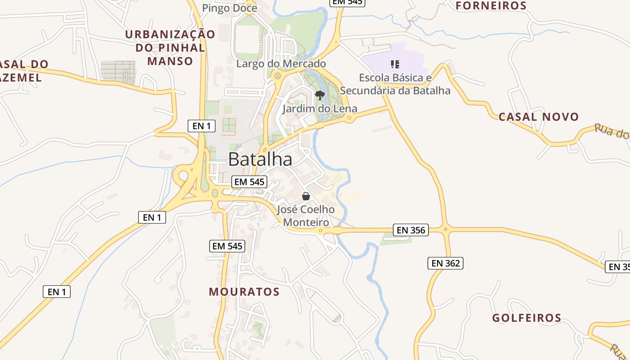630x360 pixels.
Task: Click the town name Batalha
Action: point(260,159)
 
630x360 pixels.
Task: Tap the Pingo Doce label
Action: point(229,8)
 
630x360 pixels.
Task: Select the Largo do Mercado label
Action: point(281,63)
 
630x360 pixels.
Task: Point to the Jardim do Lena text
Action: point(319,108)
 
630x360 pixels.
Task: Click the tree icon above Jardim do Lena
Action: point(320,95)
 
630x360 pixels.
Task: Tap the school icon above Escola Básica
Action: point(395,64)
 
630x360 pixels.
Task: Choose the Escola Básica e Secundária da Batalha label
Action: point(395,84)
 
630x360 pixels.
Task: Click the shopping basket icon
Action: point(306,196)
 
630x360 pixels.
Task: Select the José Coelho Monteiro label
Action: point(306,216)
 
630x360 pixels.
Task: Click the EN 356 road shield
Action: point(411,230)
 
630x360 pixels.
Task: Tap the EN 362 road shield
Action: point(445,263)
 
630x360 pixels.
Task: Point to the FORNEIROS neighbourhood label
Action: point(491,6)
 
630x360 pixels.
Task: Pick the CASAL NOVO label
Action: point(539,117)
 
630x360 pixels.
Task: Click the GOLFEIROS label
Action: point(526,318)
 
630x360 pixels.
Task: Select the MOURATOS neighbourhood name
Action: point(244,292)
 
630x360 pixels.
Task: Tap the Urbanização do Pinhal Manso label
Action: point(170,47)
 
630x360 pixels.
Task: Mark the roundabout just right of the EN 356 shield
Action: point(446,229)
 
